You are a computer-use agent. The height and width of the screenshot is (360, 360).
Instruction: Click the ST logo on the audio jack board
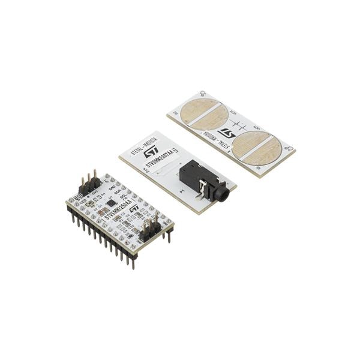point(151,151)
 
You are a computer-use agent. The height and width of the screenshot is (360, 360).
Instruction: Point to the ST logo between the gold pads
point(226,133)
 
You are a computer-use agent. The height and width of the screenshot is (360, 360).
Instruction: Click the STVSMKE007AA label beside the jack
point(149,163)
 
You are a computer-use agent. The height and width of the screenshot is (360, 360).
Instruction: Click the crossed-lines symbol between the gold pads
point(238,125)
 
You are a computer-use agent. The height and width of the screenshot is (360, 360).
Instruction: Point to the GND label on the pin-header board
point(112,187)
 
